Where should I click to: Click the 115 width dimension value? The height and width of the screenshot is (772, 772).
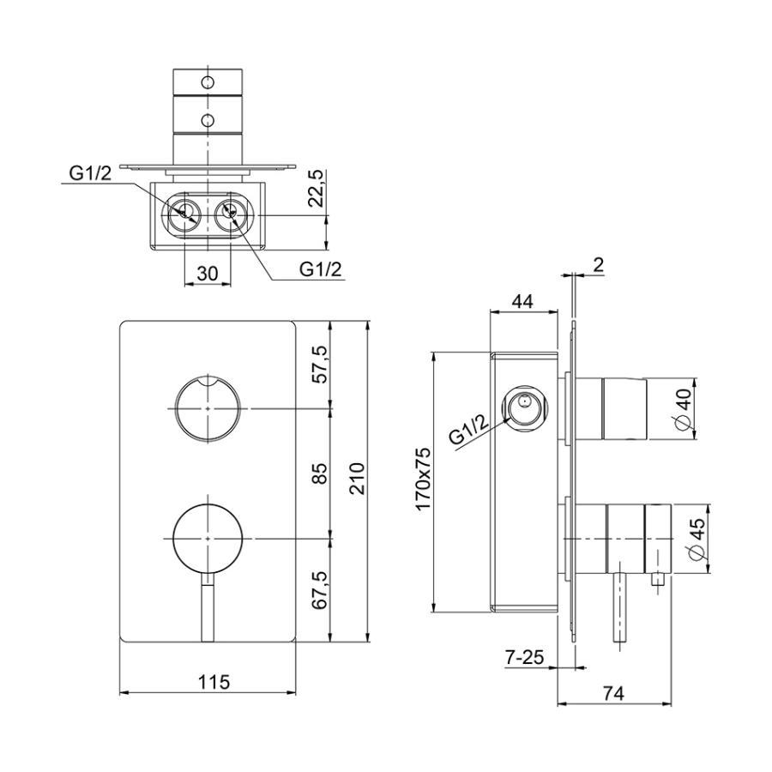pyautogui.click(x=214, y=682)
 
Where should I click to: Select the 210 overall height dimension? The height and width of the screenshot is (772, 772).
pyautogui.click(x=356, y=478)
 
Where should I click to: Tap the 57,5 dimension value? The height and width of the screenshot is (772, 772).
pyautogui.click(x=320, y=365)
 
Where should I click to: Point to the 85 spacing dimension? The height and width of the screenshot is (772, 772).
pyautogui.click(x=320, y=473)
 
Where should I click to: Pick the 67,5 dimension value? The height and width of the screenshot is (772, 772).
pyautogui.click(x=320, y=591)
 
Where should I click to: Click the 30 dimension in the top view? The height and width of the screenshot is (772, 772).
pyautogui.click(x=207, y=273)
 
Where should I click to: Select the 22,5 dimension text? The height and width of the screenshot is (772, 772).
pyautogui.click(x=318, y=188)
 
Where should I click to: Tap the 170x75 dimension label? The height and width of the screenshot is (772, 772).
pyautogui.click(x=423, y=478)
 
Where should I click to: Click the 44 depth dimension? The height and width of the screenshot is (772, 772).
pyautogui.click(x=522, y=301)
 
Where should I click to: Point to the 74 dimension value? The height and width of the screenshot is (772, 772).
pyautogui.click(x=613, y=693)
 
